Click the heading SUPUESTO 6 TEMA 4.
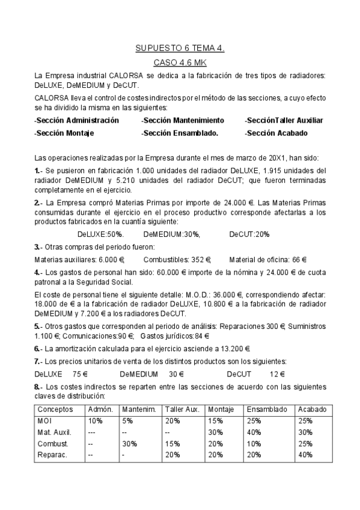coord(180,48)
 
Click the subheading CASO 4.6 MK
coord(180,63)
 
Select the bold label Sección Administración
coord(77,120)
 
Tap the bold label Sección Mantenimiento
coord(183,120)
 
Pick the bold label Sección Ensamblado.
coord(180,133)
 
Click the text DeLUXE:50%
coord(100,235)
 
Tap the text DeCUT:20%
coord(249,235)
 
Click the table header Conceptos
coord(56,410)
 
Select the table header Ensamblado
coord(267,410)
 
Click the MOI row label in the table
coord(45,421)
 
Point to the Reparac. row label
coord(52,455)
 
